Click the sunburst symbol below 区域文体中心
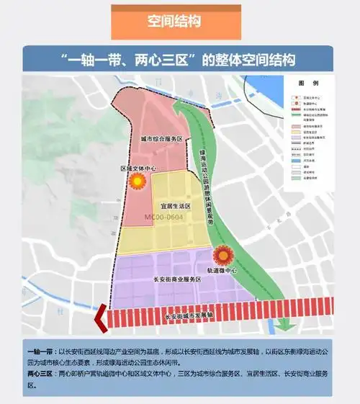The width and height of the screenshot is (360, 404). [x=135, y=183]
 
